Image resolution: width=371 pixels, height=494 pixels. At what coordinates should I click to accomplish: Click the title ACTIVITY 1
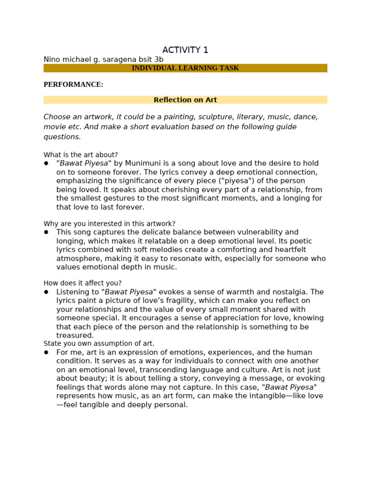click(x=185, y=50)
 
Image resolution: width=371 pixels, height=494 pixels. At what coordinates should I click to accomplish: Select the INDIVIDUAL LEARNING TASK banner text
click(x=185, y=69)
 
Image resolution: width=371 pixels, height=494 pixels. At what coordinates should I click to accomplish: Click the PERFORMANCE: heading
click(x=73, y=84)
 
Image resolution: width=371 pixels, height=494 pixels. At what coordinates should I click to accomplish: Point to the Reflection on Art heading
click(x=185, y=100)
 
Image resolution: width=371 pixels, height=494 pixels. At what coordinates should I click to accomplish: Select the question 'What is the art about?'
click(x=81, y=155)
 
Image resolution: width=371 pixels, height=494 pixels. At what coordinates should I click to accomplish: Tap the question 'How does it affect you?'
click(x=83, y=283)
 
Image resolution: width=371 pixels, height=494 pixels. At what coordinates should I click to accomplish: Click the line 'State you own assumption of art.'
click(x=99, y=343)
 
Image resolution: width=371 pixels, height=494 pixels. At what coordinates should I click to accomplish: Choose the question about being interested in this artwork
click(x=109, y=224)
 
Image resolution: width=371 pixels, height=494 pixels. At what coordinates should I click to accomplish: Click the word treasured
click(x=75, y=335)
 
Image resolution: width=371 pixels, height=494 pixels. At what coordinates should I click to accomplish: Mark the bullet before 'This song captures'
click(x=46, y=233)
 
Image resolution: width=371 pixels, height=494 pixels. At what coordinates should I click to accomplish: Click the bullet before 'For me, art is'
click(x=46, y=353)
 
